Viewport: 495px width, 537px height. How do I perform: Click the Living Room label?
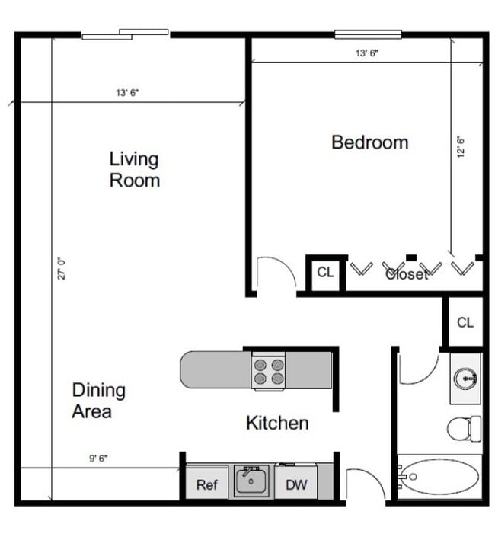(x=134, y=170)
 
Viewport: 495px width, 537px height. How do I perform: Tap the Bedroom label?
(x=369, y=142)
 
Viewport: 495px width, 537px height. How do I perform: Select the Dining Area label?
(x=98, y=401)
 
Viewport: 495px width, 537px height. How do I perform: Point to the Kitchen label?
(x=277, y=423)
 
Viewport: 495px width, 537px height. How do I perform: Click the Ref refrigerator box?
(x=207, y=484)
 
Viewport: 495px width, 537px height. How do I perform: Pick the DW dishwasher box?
(x=296, y=484)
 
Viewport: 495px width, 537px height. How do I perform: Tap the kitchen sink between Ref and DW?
(x=251, y=482)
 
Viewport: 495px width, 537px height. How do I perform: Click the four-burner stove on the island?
(x=269, y=370)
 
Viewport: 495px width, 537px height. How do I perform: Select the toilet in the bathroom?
(x=463, y=429)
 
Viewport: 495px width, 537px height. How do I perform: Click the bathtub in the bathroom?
(x=440, y=478)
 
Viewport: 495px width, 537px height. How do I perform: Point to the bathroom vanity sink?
(x=465, y=377)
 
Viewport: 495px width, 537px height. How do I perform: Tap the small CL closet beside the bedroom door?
(x=325, y=273)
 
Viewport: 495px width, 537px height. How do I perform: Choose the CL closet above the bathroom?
(x=465, y=322)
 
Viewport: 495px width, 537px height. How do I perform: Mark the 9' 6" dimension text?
(x=98, y=459)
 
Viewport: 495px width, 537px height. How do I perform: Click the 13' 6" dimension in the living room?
(x=127, y=93)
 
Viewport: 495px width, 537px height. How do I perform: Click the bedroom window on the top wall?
(x=368, y=34)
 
